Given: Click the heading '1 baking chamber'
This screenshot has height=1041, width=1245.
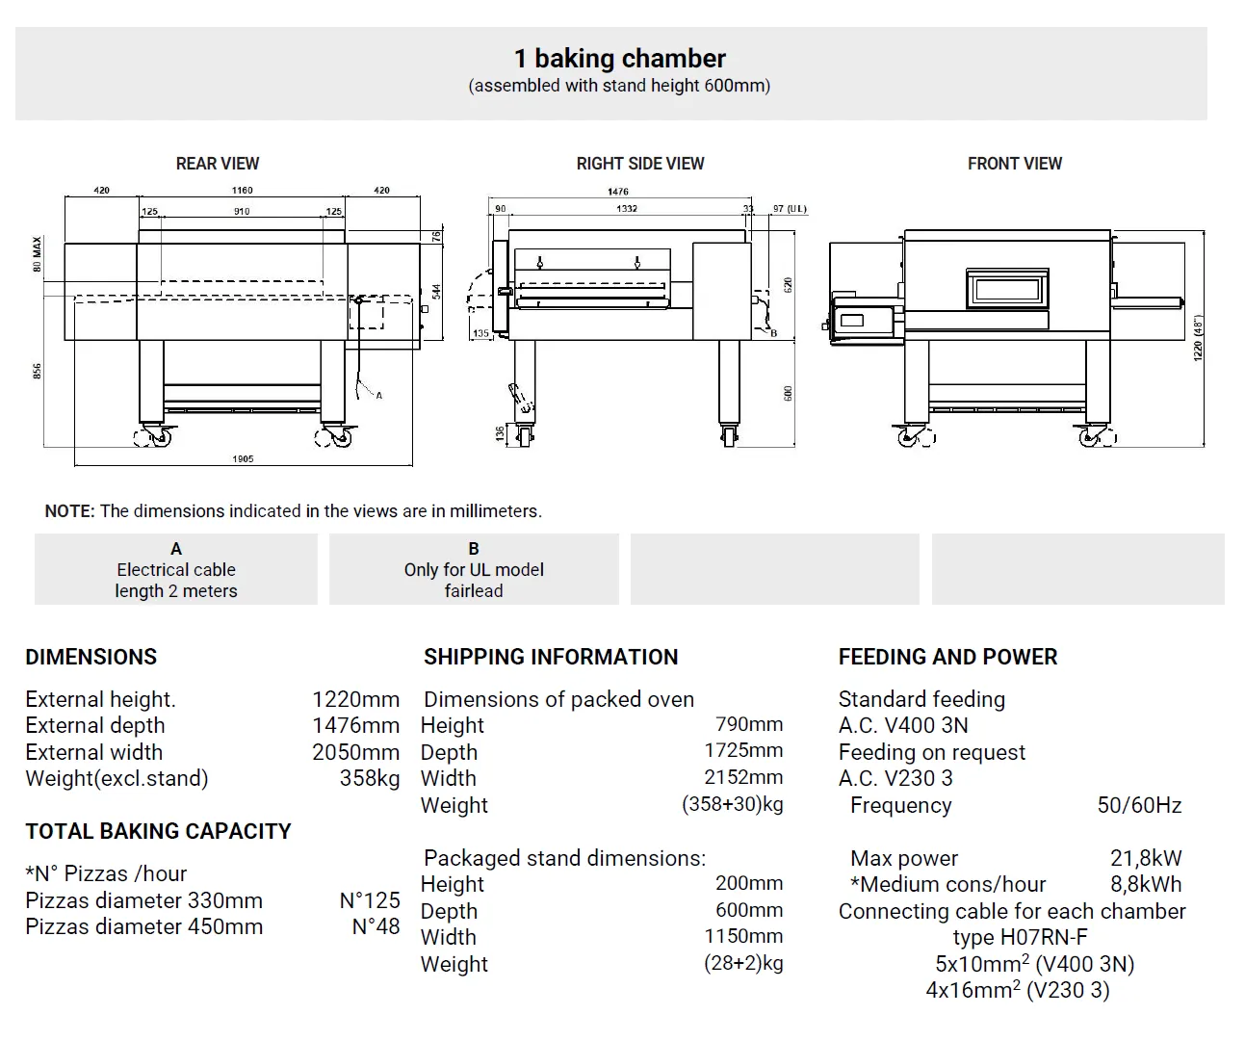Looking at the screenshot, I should click(619, 59).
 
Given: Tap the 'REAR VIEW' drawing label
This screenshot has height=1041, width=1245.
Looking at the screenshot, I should click(218, 164).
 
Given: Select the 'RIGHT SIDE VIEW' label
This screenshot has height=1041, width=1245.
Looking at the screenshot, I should click(640, 164).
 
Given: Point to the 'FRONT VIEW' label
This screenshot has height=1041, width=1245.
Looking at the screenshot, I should click(1015, 164).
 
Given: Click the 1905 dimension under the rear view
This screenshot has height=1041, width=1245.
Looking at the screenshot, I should click(243, 458).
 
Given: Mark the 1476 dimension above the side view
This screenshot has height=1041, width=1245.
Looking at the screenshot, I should click(618, 192).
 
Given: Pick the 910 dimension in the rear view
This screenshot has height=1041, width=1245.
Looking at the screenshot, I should click(242, 211).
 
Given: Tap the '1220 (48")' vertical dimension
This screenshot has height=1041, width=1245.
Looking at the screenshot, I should click(1199, 338).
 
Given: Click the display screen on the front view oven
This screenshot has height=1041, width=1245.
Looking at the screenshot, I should click(1006, 288).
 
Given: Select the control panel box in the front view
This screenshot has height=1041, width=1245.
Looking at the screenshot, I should click(865, 319).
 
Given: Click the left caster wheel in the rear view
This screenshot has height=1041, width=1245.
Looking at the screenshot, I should click(154, 436).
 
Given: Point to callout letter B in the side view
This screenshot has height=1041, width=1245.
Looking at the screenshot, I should click(773, 333).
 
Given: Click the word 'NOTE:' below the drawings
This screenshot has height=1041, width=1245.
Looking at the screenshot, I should click(69, 511).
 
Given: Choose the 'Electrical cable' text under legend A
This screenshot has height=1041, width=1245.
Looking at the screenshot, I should click(176, 570).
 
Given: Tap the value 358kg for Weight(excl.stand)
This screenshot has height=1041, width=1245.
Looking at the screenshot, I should click(369, 778).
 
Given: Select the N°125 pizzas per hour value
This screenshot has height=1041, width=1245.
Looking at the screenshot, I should click(369, 900).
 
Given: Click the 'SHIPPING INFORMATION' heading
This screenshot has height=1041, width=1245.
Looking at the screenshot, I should click(551, 657).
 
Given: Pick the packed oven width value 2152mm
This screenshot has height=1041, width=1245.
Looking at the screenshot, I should click(743, 777).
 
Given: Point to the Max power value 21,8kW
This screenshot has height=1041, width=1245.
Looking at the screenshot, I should click(1146, 858).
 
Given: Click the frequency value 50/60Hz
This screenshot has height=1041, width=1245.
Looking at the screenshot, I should click(1139, 805).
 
